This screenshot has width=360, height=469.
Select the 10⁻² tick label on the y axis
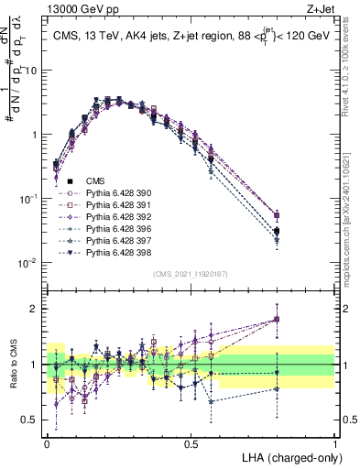pos(30,263)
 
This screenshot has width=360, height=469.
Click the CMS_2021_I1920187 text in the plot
pos(191,273)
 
